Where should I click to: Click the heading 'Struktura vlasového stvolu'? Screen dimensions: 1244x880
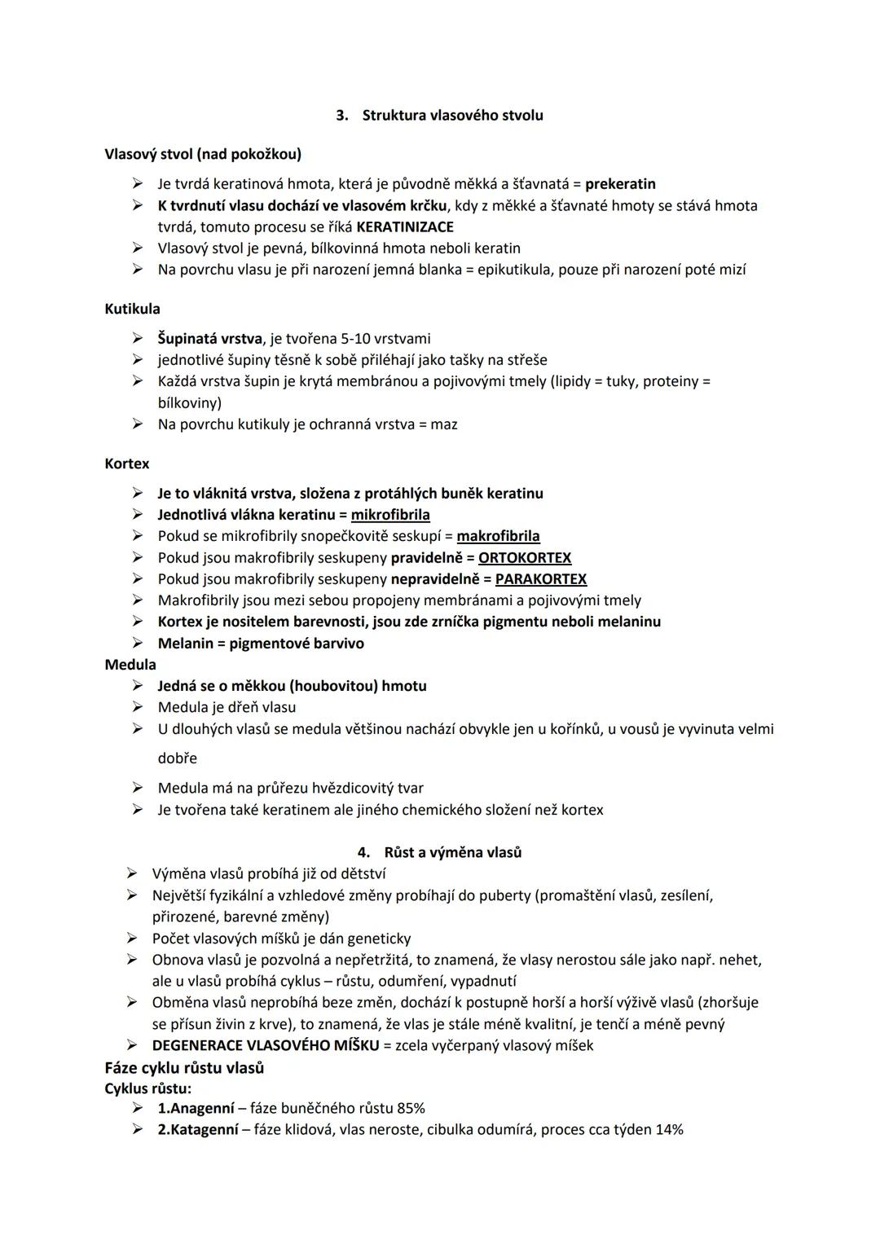(452, 116)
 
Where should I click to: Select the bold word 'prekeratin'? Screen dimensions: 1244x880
(620, 184)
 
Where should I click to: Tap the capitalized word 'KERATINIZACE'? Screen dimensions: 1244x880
(405, 227)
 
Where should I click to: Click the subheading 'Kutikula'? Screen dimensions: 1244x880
(132, 309)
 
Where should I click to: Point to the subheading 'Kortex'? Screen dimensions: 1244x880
(127, 464)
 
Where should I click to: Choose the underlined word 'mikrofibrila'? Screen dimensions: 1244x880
(390, 515)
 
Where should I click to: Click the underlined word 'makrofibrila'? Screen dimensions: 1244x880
(498, 536)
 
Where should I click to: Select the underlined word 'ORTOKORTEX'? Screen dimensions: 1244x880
(525, 558)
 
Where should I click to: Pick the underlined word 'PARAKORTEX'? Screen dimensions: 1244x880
(541, 579)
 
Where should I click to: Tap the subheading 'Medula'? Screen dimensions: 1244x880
(130, 665)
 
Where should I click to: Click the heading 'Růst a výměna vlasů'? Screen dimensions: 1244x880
(452, 852)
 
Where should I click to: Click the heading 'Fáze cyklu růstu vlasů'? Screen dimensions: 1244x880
(184, 1067)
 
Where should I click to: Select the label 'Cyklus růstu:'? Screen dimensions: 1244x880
(148, 1088)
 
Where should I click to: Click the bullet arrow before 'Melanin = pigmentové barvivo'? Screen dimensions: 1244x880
(139, 644)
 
